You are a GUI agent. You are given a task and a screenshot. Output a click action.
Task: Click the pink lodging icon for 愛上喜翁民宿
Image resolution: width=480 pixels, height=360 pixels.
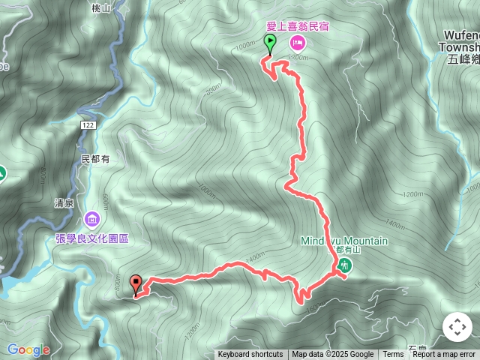[296, 42]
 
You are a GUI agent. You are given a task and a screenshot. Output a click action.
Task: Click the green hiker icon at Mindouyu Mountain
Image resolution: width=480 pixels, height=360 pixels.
[343, 264]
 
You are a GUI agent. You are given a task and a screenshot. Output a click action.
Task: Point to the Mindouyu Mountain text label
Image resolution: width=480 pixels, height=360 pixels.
[344, 241]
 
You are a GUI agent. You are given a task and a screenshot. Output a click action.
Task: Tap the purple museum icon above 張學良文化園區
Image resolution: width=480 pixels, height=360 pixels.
[92, 220]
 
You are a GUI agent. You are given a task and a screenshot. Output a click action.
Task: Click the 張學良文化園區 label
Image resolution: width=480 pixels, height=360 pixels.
[92, 238]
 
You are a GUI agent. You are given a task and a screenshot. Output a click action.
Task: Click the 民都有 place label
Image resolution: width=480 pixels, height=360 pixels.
[95, 159]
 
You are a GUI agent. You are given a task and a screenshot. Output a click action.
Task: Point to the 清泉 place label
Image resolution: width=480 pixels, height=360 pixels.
[64, 202]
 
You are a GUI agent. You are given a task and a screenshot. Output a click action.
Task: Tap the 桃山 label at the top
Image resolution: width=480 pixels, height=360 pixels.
[100, 7]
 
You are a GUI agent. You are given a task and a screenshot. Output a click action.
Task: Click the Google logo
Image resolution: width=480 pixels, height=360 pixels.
[28, 349]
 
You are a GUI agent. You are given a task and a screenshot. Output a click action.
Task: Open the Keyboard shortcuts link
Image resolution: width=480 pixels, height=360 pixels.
[250, 355]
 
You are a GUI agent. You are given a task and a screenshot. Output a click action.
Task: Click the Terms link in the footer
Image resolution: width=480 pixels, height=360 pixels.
[393, 355]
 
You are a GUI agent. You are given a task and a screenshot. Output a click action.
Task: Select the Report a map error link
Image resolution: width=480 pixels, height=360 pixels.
[444, 355]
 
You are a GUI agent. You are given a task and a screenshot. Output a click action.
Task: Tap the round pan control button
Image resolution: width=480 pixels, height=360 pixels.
[457, 327]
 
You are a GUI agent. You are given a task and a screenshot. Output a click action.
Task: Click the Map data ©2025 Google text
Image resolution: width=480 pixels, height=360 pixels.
[333, 355]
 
